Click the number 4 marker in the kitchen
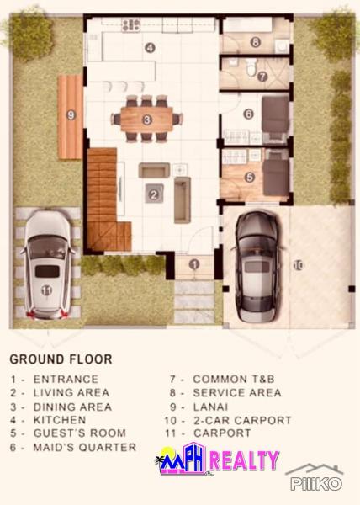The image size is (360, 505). (149, 48)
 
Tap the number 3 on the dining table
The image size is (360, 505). (146, 120)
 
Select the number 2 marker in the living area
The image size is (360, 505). (153, 194)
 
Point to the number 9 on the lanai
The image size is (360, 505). (71, 114)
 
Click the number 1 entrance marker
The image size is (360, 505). (194, 264)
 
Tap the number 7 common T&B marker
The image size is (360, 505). (262, 76)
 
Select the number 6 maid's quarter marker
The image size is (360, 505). (249, 114)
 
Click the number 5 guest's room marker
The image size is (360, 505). (250, 177)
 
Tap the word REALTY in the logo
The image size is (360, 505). (244, 460)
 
